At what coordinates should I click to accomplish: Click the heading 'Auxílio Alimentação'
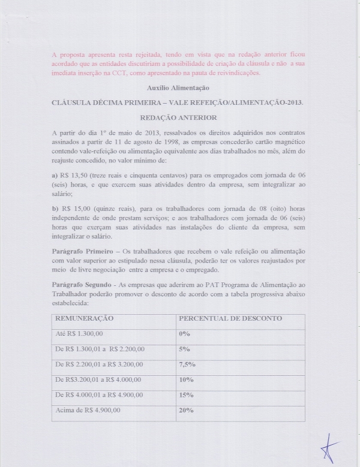point(180,88)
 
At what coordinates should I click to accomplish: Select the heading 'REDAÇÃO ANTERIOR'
point(180,117)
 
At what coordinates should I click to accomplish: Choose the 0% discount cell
point(184,333)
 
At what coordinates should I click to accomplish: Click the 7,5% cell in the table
point(187,364)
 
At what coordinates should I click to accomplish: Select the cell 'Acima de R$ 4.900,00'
point(88,410)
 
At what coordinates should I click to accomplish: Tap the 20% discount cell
point(186,410)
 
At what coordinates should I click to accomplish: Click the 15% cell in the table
point(186,394)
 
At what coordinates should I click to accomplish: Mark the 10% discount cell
point(186,379)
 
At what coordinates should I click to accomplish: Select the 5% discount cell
point(184,348)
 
